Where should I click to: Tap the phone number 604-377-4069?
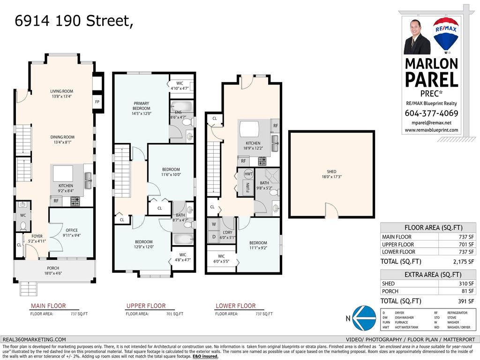[431, 113]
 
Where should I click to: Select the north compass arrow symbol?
[363, 318]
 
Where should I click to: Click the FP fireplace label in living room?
[97, 102]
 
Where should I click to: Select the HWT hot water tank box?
[248, 174]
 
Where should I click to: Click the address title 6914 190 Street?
[74, 21]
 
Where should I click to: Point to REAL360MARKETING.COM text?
[34, 339]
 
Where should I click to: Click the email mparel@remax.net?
[431, 122]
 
